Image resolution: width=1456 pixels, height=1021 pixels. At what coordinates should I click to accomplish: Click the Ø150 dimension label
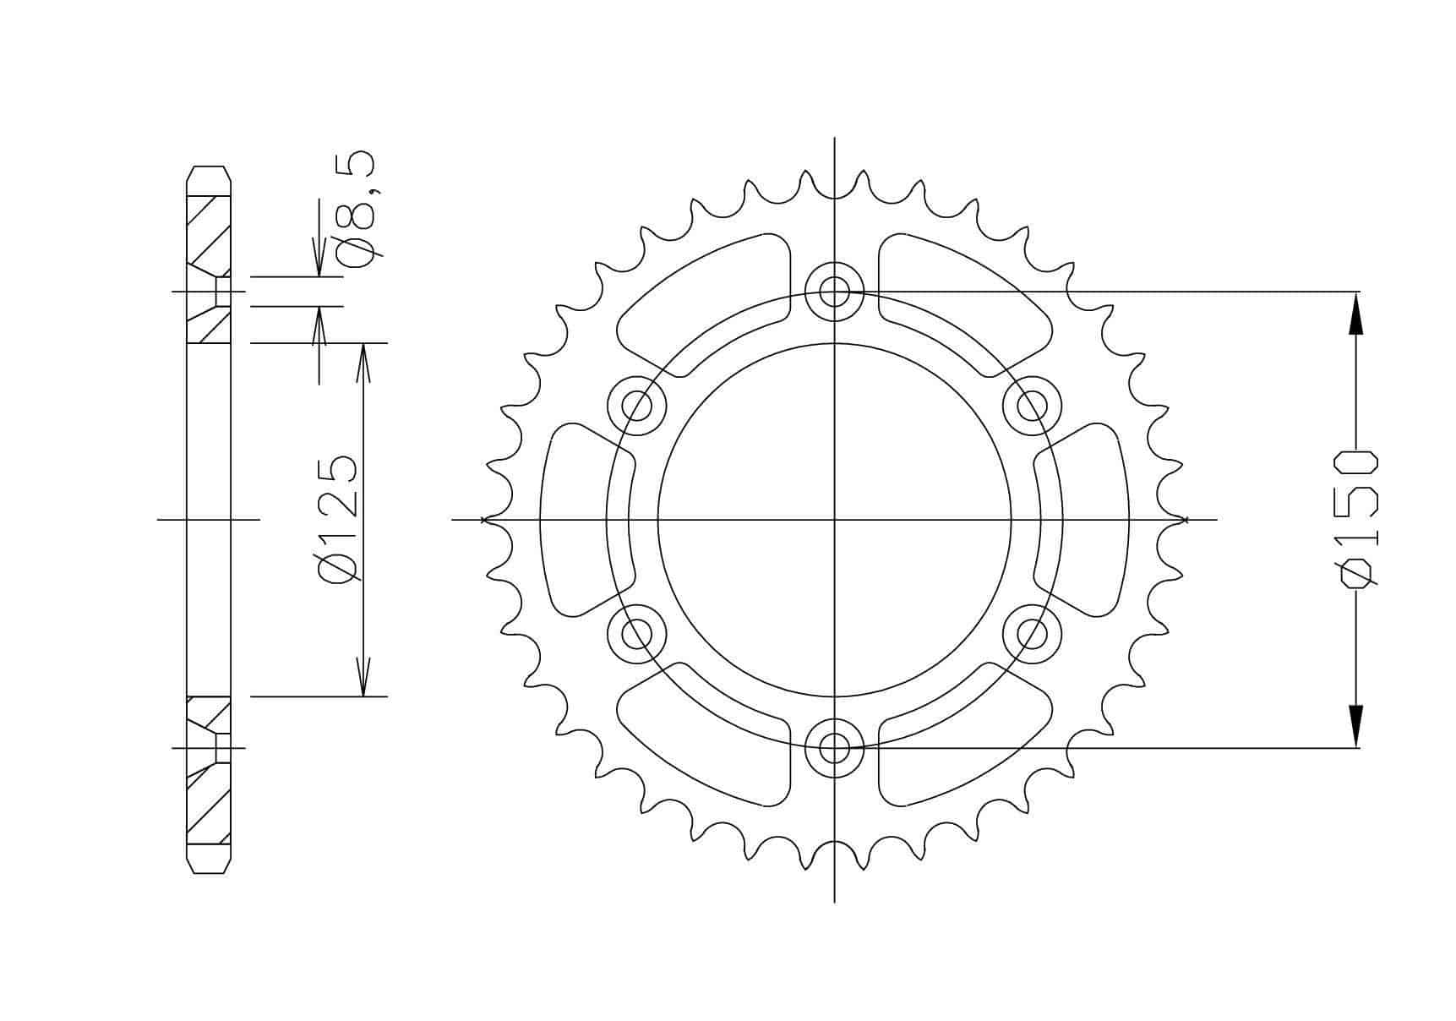[1356, 517]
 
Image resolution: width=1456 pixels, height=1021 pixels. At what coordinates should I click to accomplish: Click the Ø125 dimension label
[338, 518]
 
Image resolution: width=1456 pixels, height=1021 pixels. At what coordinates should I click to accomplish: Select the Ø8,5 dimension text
[362, 210]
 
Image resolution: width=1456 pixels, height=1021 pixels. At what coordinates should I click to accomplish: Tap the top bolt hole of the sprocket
[834, 292]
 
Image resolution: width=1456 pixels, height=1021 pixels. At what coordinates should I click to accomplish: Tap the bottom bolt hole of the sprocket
[834, 747]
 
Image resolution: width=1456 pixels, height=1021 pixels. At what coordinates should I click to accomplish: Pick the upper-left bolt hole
[637, 407]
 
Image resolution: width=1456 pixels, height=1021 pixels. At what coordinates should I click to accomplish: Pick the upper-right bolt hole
[1032, 407]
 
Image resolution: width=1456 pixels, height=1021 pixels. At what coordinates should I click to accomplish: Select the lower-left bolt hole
[637, 633]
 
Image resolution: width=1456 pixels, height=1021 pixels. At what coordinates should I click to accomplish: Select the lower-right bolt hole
[1032, 633]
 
